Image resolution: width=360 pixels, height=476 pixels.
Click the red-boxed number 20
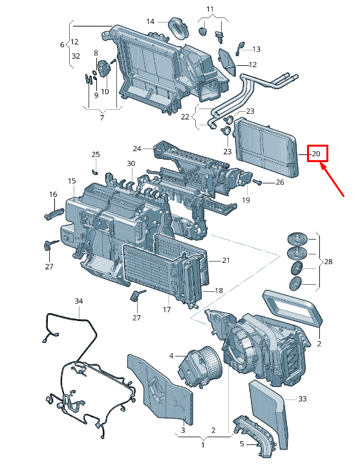pyautogui.click(x=317, y=154)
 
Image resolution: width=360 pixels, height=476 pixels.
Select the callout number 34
pyautogui.click(x=79, y=302)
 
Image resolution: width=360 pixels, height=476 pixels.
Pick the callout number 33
pyautogui.click(x=302, y=399)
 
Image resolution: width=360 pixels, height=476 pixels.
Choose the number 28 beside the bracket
pyautogui.click(x=328, y=262)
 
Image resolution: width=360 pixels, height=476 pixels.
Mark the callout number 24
pyautogui.click(x=136, y=148)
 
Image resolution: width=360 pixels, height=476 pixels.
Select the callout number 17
pyautogui.click(x=166, y=310)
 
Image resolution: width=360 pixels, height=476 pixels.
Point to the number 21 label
pyautogui.click(x=226, y=260)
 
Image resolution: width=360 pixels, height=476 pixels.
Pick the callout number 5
pyautogui.click(x=242, y=444)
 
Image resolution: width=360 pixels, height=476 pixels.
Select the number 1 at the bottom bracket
pyautogui.click(x=202, y=446)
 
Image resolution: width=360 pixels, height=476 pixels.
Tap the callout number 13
pyautogui.click(x=256, y=49)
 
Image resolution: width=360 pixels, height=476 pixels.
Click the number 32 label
pyautogui.click(x=76, y=56)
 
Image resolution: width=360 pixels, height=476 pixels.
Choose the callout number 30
pyautogui.click(x=131, y=163)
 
